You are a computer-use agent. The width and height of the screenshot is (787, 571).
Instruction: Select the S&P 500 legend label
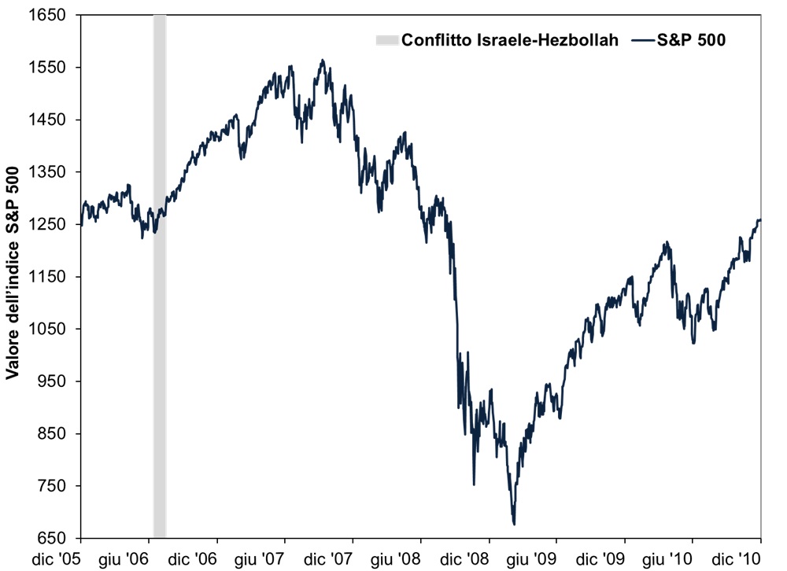click(x=690, y=40)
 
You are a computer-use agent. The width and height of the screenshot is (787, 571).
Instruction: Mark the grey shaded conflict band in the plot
click(x=159, y=275)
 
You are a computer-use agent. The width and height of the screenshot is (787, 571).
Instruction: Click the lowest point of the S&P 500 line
click(x=514, y=524)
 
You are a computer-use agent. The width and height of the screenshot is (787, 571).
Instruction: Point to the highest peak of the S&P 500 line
click(x=322, y=60)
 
